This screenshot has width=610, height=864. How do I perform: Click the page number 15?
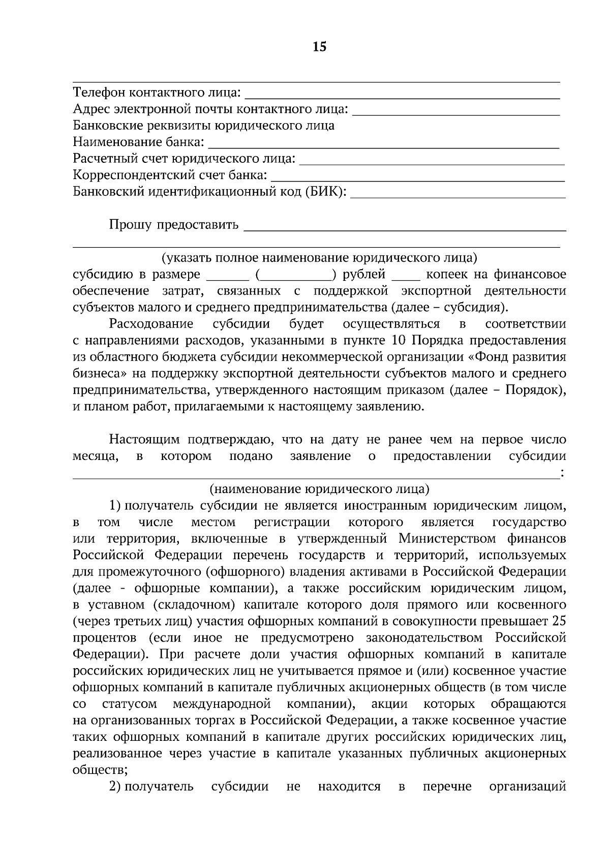pos(320,47)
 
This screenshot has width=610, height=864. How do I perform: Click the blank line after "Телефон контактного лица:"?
pos(402,97)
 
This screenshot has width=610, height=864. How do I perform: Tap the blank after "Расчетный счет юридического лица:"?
pos(432,163)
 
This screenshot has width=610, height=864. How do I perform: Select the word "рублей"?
pos(364,275)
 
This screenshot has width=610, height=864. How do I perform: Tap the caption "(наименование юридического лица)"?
pos(319,489)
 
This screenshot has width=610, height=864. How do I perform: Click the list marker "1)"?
pos(115,506)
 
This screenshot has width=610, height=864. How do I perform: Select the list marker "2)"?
pos(115,787)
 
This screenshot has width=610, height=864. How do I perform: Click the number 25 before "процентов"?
pos(559,621)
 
